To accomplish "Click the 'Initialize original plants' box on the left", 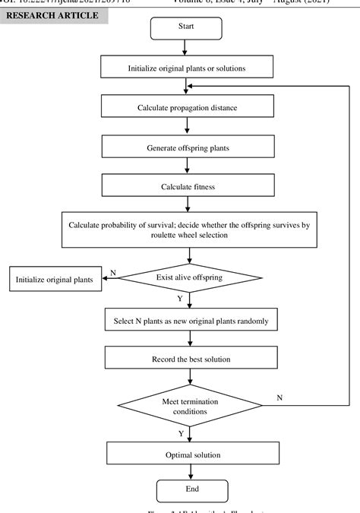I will coord(52,279).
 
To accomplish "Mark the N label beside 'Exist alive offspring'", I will coord(114,271).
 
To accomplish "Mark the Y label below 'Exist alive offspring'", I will coord(179,299).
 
